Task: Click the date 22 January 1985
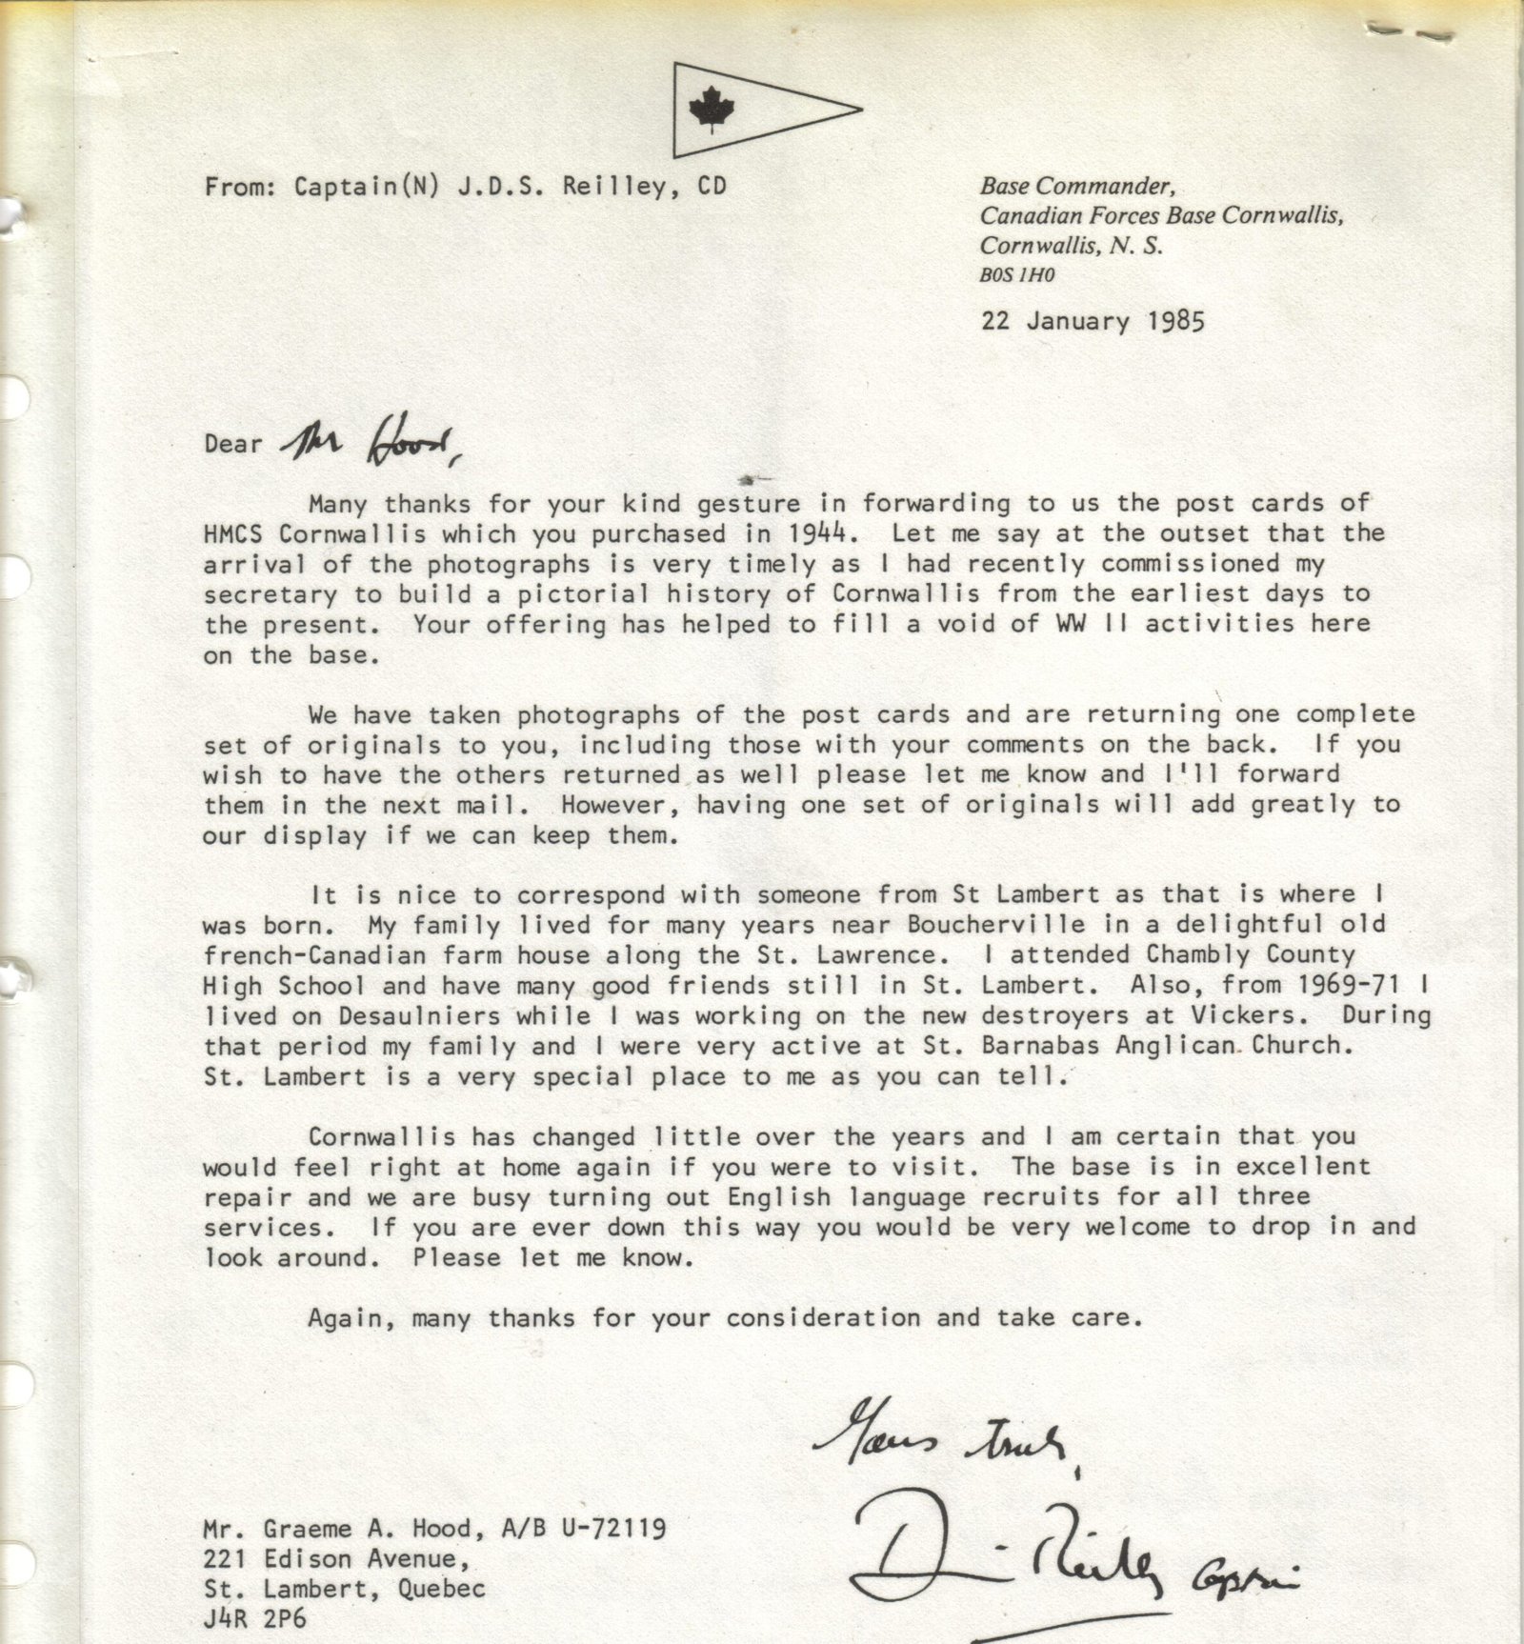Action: point(1093,321)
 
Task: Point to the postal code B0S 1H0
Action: point(1017,276)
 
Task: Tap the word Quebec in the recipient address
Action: point(444,1590)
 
